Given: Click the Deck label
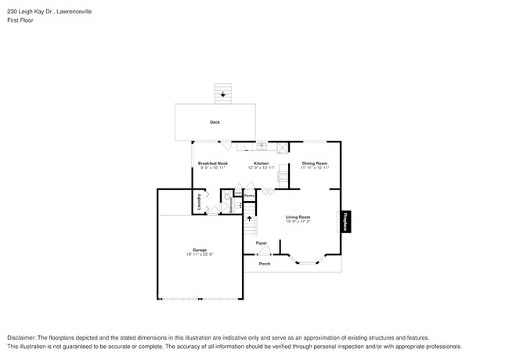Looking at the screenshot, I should [x=215, y=122].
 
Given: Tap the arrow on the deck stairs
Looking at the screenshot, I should [x=224, y=95].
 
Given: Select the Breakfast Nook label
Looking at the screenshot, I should [x=213, y=164].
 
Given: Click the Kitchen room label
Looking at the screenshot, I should [x=261, y=164].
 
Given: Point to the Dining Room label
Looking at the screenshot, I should [x=315, y=164].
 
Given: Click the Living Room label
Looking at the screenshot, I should [x=298, y=217].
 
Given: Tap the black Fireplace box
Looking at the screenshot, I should [x=345, y=222].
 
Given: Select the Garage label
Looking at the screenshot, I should [x=200, y=250].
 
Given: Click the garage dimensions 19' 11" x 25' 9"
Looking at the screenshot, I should [x=200, y=254].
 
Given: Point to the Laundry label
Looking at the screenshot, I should [x=200, y=202].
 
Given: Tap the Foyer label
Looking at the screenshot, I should [x=262, y=243].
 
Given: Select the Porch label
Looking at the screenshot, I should [x=265, y=264].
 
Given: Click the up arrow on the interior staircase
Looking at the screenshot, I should [x=251, y=222].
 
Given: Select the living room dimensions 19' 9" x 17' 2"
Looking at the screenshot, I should [x=298, y=221].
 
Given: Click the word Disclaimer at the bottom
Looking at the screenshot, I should [x=25, y=336].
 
